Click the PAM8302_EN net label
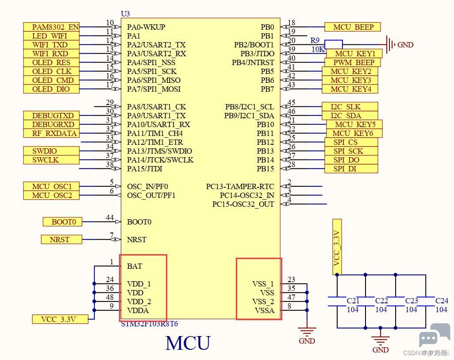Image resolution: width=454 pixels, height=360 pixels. click(51, 27)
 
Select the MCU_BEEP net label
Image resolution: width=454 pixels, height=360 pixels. click(352, 27)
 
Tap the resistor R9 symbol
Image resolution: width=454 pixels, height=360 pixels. click(334, 45)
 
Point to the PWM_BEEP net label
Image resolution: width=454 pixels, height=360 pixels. click(352, 62)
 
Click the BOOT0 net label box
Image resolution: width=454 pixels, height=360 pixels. click(62, 222)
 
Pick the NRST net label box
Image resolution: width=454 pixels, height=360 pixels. click(62, 240)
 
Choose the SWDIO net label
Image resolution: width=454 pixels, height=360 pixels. click(51, 151)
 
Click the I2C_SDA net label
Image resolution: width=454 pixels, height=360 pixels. click(350, 116)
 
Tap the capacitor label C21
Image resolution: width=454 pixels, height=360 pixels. click(353, 301)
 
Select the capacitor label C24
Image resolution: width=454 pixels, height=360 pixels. click(442, 301)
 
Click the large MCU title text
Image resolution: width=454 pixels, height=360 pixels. click(188, 343)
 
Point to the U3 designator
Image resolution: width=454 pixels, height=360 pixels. click(125, 14)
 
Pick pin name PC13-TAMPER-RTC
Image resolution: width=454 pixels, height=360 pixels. click(240, 186)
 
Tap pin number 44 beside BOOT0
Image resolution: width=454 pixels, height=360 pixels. click(110, 217)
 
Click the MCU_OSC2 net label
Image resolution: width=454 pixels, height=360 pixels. click(51, 195)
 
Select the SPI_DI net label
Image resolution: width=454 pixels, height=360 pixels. click(351, 169)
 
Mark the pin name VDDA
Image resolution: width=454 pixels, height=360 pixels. click(138, 310)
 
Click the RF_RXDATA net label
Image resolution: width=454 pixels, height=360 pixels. click(51, 133)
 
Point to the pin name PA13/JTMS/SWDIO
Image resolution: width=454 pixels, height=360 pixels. click(160, 151)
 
